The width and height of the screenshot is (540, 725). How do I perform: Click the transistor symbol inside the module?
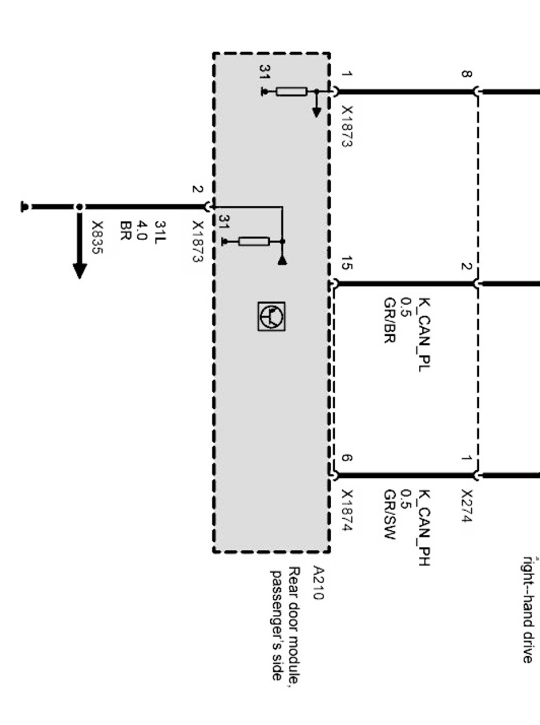(272, 316)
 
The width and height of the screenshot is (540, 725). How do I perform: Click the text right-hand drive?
(527, 609)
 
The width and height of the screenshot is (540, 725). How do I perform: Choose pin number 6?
(347, 458)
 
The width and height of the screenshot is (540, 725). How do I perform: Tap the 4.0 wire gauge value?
(143, 230)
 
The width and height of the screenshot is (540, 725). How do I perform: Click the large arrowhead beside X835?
(80, 270)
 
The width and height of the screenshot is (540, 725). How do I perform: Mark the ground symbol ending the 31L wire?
(24, 207)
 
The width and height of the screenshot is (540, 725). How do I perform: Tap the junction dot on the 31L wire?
(80, 207)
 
